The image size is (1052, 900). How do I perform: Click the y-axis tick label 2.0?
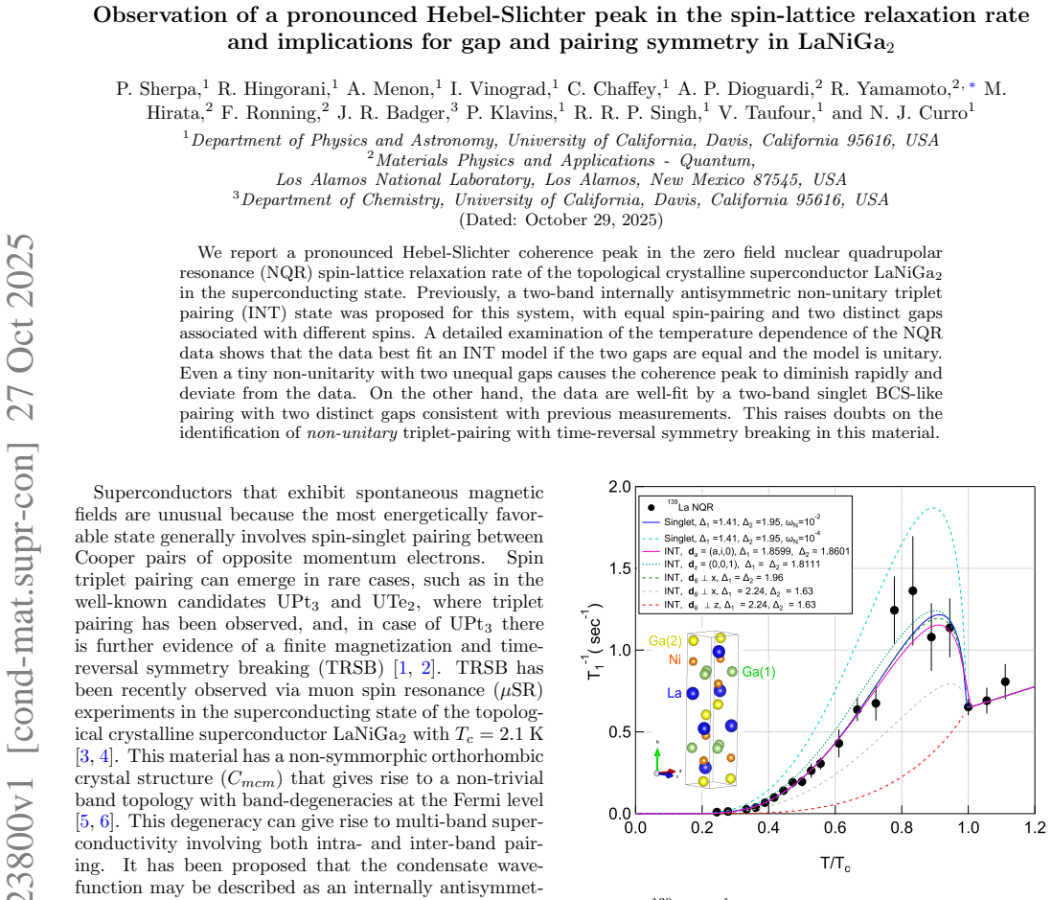point(619,487)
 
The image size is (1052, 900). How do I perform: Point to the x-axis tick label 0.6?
point(835,827)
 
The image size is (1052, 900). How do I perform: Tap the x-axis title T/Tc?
point(835,863)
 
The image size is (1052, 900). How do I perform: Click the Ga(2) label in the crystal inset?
point(665,641)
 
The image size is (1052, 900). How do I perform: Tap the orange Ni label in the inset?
point(675,659)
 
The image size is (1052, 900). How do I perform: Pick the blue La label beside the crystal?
point(675,693)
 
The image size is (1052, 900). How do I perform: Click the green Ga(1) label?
point(759,672)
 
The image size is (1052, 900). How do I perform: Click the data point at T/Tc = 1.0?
point(968,706)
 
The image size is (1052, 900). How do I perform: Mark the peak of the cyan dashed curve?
point(932,508)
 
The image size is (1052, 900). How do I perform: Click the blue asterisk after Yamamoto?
point(972,86)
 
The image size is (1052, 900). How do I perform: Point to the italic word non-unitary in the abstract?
point(353,433)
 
